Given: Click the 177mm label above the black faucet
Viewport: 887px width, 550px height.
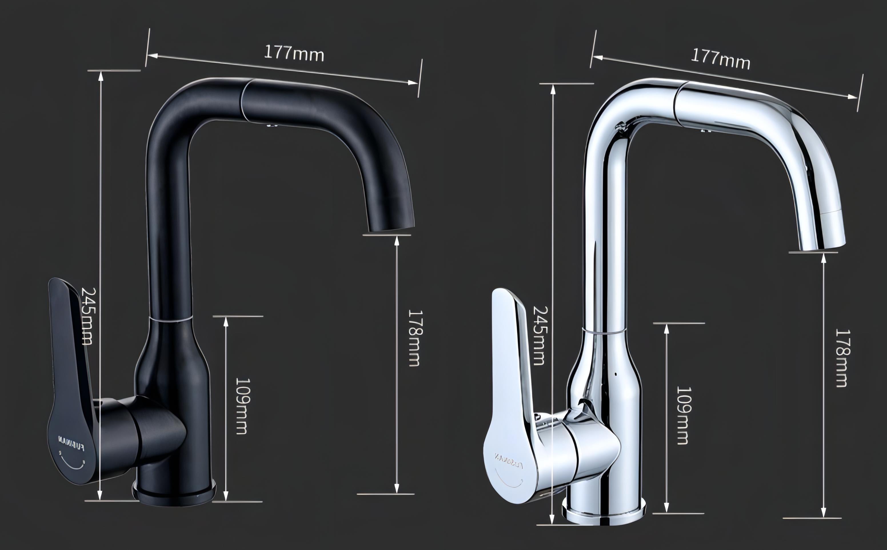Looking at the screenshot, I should pyautogui.click(x=294, y=53).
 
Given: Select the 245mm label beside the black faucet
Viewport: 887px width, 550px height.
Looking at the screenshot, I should pyautogui.click(x=87, y=316).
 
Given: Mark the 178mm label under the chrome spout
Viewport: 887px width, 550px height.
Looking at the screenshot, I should pyautogui.click(x=842, y=358).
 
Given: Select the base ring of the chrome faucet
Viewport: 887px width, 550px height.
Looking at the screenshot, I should pyautogui.click(x=604, y=511).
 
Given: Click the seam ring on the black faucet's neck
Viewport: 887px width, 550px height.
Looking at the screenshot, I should pyautogui.click(x=171, y=318).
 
